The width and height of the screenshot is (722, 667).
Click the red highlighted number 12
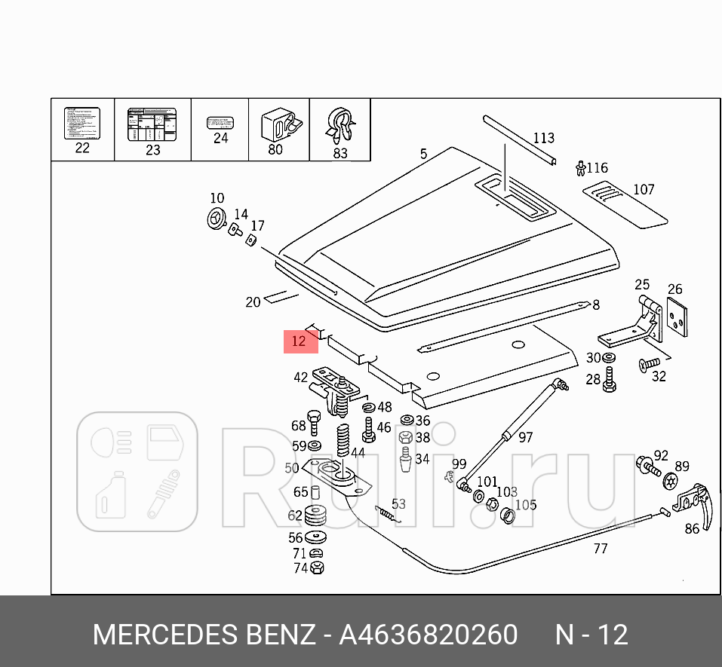coord(300,341)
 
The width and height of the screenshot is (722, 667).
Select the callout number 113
coord(543,138)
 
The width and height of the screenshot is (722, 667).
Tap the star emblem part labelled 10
coord(216,219)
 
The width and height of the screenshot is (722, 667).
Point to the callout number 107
coord(644,190)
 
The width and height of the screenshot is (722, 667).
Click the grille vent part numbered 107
coord(625,201)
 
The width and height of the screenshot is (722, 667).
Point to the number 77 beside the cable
coord(600,549)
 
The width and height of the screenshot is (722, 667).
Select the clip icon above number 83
coord(340,126)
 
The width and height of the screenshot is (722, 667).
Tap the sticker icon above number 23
coord(152,124)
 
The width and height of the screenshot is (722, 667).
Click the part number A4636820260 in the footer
coord(428,635)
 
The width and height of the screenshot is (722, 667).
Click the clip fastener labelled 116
coord(579,167)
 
